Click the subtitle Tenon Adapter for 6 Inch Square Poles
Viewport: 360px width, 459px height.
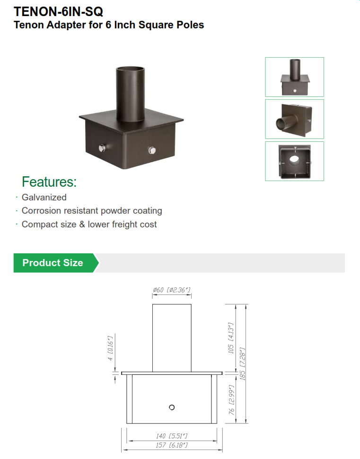(x=109, y=25)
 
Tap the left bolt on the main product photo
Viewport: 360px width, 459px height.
(x=102, y=149)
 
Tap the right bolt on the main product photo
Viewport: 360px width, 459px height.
(x=152, y=151)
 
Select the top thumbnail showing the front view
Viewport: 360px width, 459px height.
(x=294, y=77)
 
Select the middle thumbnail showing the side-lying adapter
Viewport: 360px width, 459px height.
(x=294, y=119)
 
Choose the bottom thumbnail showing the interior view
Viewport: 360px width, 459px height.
(x=294, y=161)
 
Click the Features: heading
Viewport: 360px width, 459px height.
(x=49, y=182)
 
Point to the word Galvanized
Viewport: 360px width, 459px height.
(x=44, y=198)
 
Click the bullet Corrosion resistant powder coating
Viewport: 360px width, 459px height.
(x=92, y=211)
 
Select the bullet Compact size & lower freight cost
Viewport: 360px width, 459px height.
(x=89, y=225)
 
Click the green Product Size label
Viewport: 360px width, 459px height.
(x=53, y=263)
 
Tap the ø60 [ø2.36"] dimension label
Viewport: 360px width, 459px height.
(x=171, y=290)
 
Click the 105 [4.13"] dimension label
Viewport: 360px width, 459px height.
(x=231, y=338)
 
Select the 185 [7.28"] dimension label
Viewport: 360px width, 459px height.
(x=243, y=364)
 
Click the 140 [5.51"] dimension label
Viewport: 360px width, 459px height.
(x=172, y=435)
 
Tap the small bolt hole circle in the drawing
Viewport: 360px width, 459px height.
(x=172, y=407)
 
